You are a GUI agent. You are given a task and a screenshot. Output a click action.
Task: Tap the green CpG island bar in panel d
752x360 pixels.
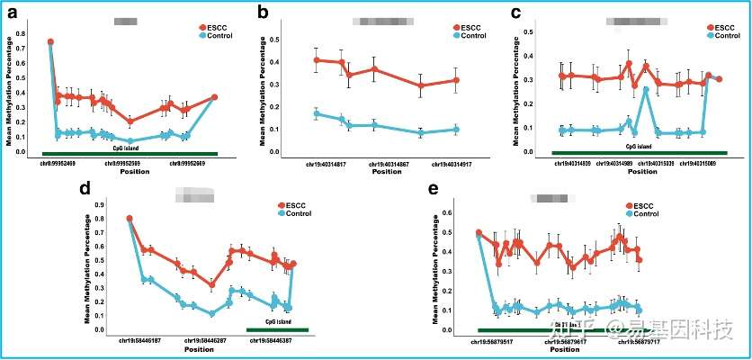(x=277, y=329)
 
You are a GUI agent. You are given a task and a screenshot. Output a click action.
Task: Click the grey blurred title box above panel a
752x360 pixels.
(x=126, y=19)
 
